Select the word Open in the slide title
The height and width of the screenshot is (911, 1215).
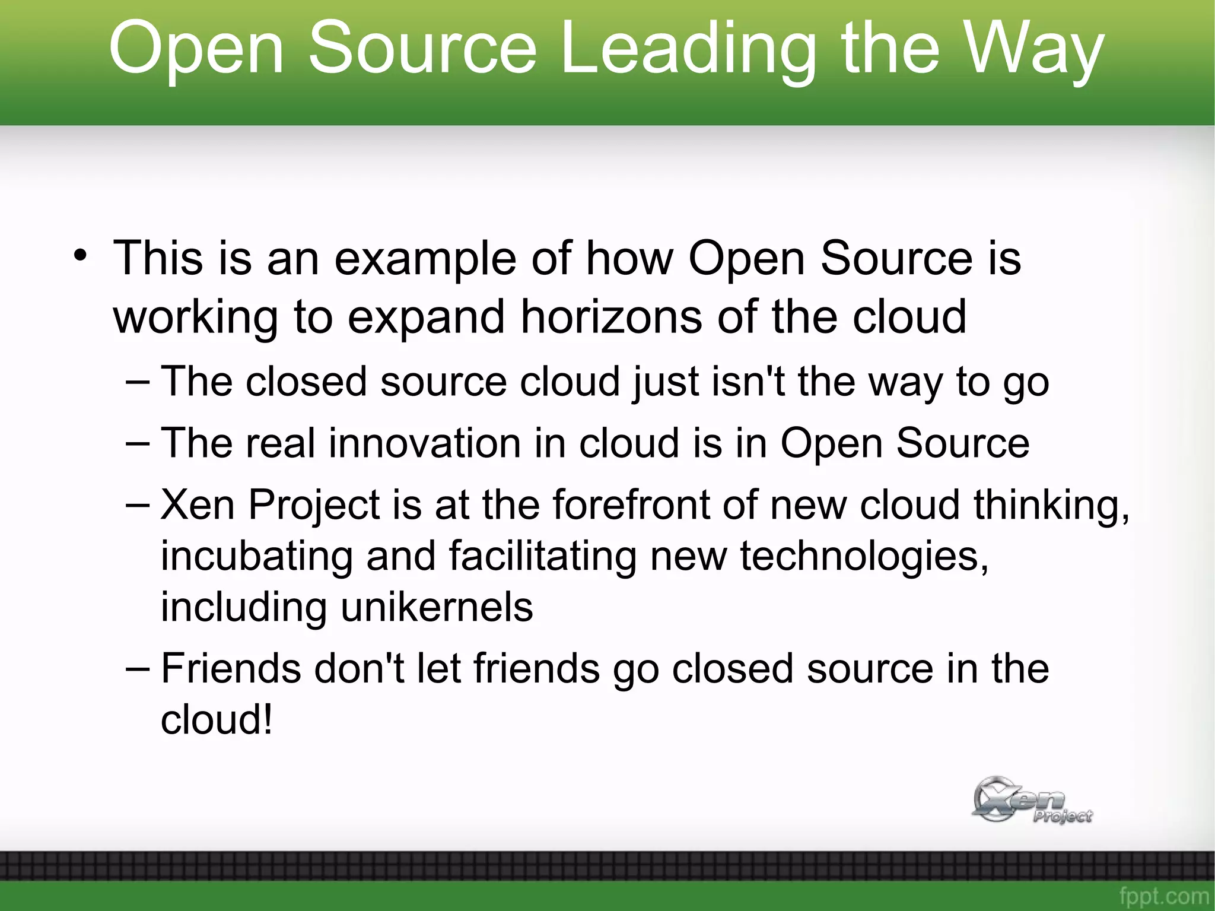[x=196, y=49]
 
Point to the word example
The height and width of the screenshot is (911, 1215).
[x=425, y=260]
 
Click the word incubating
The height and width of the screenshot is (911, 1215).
[x=256, y=557]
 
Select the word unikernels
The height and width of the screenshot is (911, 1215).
[x=437, y=608]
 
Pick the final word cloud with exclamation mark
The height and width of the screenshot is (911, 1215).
[x=217, y=720]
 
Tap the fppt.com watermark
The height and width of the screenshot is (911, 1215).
[x=1164, y=896]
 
